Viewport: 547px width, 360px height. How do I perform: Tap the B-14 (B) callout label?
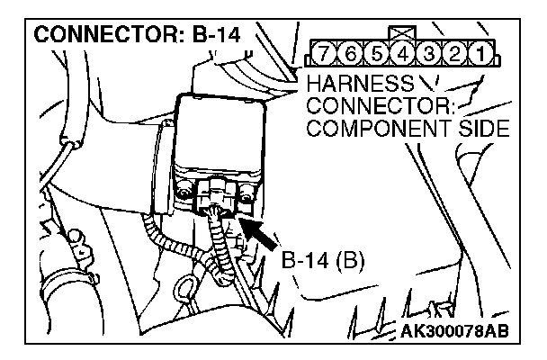[x=318, y=263]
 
